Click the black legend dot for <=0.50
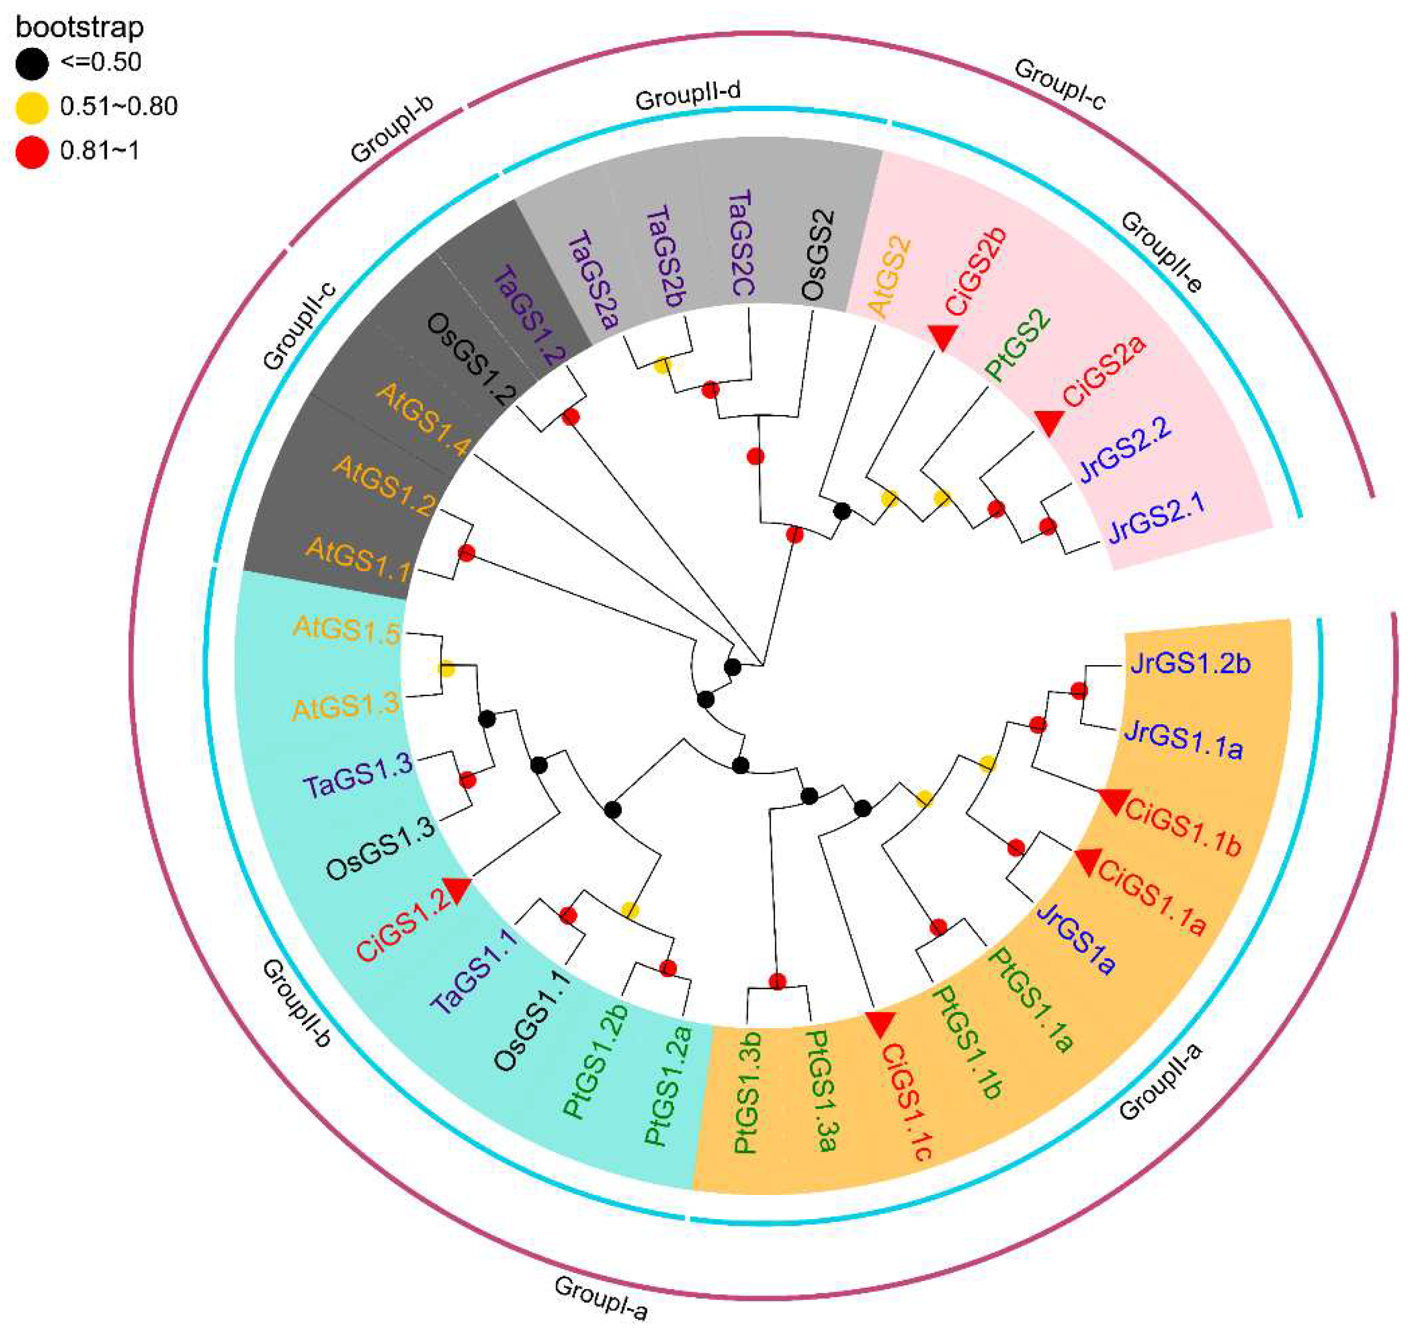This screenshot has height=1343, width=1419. tap(32, 63)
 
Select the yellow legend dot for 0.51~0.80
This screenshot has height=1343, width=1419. tap(32, 108)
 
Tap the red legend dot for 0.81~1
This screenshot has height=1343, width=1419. tap(32, 152)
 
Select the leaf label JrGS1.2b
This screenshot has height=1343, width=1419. tap(1190, 664)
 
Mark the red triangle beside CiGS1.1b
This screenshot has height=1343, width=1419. tap(1115, 800)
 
